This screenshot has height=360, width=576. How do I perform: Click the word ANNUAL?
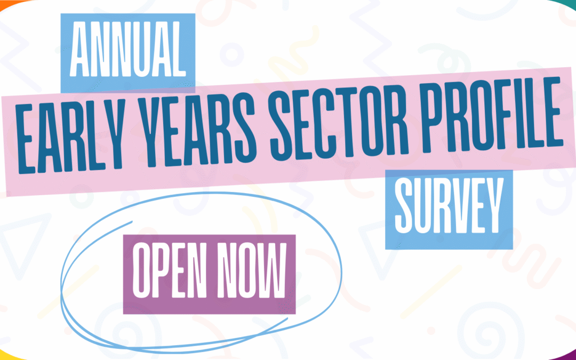128,49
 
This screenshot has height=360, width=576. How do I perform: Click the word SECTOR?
339,119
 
